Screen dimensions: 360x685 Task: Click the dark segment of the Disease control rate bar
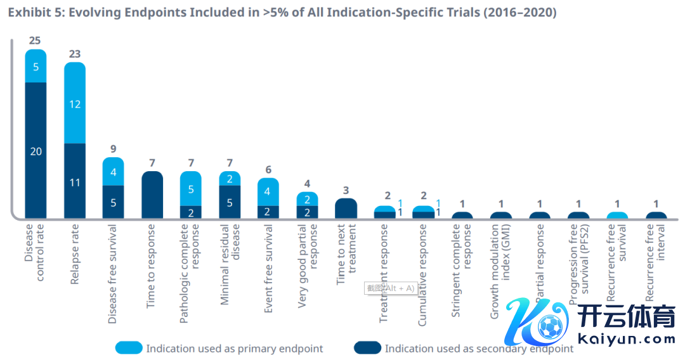coord(36,150)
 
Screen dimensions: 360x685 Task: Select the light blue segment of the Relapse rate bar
coord(75,103)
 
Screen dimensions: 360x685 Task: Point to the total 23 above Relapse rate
coord(75,54)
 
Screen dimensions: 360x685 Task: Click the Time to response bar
coord(152,195)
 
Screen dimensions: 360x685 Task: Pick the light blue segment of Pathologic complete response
coord(191,188)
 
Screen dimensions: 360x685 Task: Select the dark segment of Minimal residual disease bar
coord(230,202)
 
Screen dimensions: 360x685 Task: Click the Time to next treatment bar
coord(346,209)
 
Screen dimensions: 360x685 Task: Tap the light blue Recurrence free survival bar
coord(618,215)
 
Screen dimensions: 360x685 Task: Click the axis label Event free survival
coord(268,269)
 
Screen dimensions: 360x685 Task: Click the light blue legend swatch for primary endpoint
coord(129,348)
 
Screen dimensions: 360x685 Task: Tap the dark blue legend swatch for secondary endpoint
coord(367,348)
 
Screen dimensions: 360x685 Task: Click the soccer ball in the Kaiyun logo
coord(551,326)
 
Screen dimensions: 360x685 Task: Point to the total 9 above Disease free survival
coord(113,150)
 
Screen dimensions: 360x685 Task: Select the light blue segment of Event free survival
coord(268,191)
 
